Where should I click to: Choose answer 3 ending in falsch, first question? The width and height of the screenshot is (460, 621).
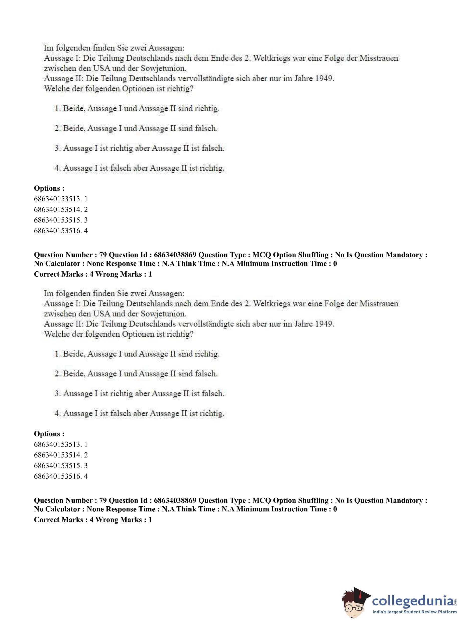(x=139, y=148)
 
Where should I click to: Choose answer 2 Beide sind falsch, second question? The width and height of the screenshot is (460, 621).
(x=136, y=374)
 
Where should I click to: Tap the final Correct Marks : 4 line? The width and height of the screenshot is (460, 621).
(x=93, y=519)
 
